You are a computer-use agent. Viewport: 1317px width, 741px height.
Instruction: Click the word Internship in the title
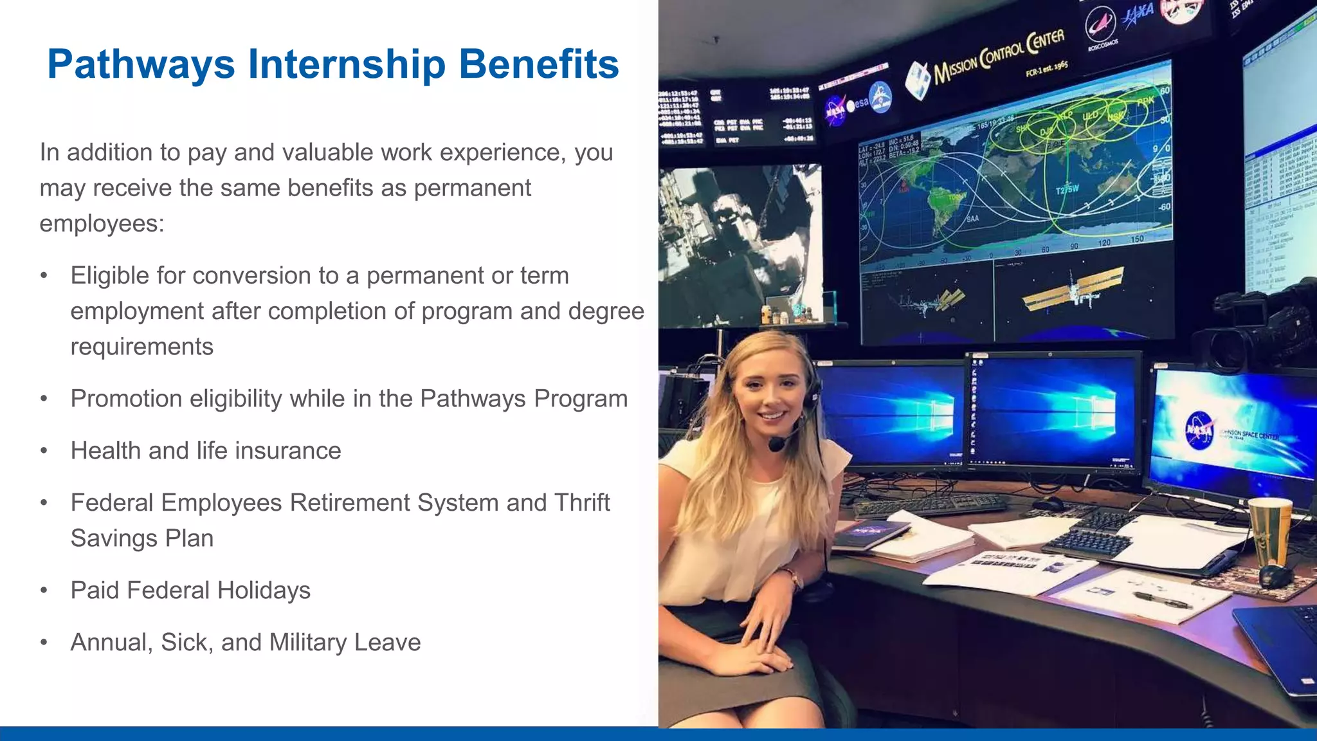(x=347, y=64)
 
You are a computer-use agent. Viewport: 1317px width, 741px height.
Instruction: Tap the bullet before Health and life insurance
(x=44, y=451)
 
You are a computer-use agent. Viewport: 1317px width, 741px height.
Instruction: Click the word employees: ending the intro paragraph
(x=102, y=223)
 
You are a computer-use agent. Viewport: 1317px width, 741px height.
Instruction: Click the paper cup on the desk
(x=1269, y=530)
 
